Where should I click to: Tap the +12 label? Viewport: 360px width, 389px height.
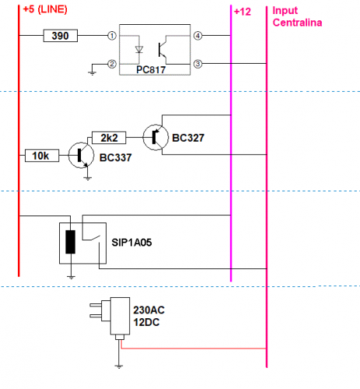click(243, 11)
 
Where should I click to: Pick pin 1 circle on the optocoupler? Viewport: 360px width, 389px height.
click(112, 36)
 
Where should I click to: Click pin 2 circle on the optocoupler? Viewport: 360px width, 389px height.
click(112, 64)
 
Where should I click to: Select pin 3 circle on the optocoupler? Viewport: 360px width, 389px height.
click(198, 64)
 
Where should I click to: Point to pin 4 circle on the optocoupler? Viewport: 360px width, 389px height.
click(198, 36)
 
